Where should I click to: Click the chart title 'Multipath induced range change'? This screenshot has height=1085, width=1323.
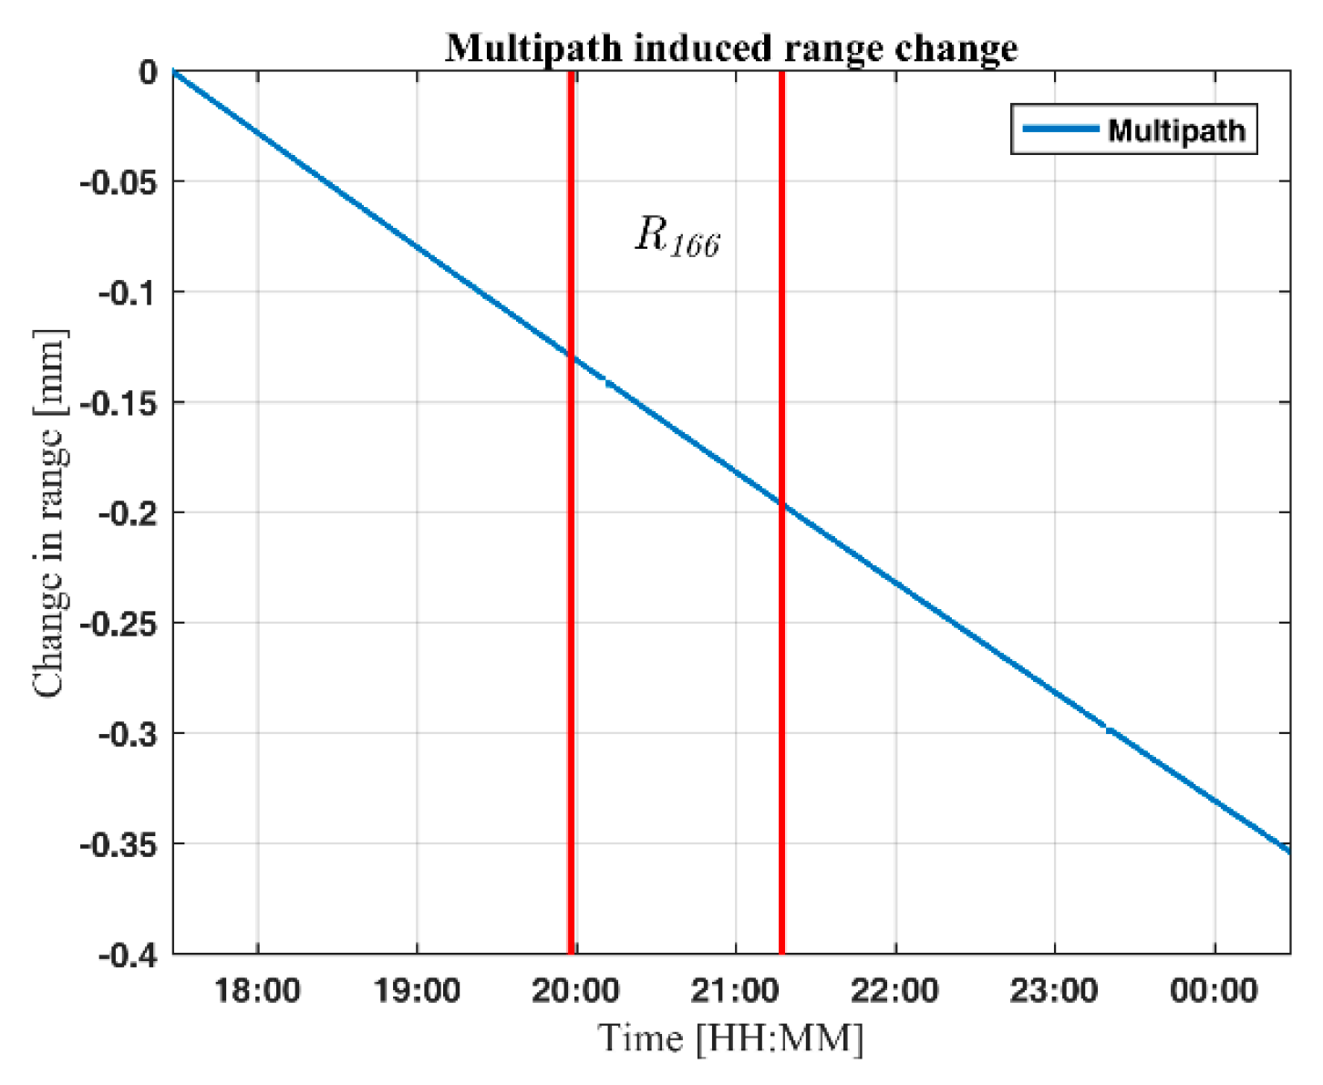(x=730, y=47)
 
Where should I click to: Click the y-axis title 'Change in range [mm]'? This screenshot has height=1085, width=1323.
(x=50, y=514)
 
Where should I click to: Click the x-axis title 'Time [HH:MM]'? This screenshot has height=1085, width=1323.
(x=730, y=1038)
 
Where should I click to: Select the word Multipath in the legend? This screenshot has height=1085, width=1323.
(x=1176, y=130)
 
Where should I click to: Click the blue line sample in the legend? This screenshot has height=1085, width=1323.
(x=1059, y=129)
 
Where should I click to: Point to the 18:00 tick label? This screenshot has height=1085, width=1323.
(x=257, y=991)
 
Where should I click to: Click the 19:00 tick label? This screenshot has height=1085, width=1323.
(x=417, y=991)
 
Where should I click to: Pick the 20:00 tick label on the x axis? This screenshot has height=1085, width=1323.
(x=576, y=991)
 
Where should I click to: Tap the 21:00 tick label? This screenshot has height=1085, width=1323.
(x=736, y=991)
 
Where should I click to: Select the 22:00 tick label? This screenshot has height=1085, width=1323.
(x=895, y=991)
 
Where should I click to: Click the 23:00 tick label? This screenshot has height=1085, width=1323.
(x=1054, y=991)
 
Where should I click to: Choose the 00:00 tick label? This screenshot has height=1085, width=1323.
(x=1214, y=991)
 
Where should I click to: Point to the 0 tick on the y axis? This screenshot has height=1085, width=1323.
(x=148, y=72)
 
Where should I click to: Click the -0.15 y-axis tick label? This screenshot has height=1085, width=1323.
(x=119, y=403)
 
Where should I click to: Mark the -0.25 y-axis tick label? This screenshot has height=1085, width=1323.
(x=119, y=624)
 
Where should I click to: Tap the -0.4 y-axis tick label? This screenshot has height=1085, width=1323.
(x=128, y=955)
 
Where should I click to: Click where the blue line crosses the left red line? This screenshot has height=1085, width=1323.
(x=571, y=356)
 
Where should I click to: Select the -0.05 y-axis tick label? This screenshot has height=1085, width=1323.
(x=119, y=182)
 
